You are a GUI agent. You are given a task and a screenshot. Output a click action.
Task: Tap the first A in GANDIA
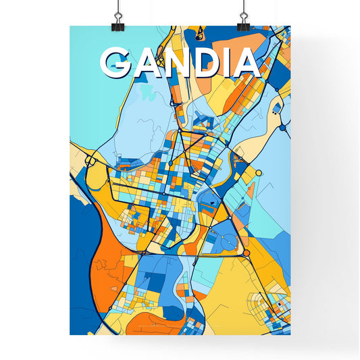point(147,63)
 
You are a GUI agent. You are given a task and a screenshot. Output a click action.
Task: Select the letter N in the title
point(179,63)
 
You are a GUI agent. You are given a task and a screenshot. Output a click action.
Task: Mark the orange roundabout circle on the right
point(247,253)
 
